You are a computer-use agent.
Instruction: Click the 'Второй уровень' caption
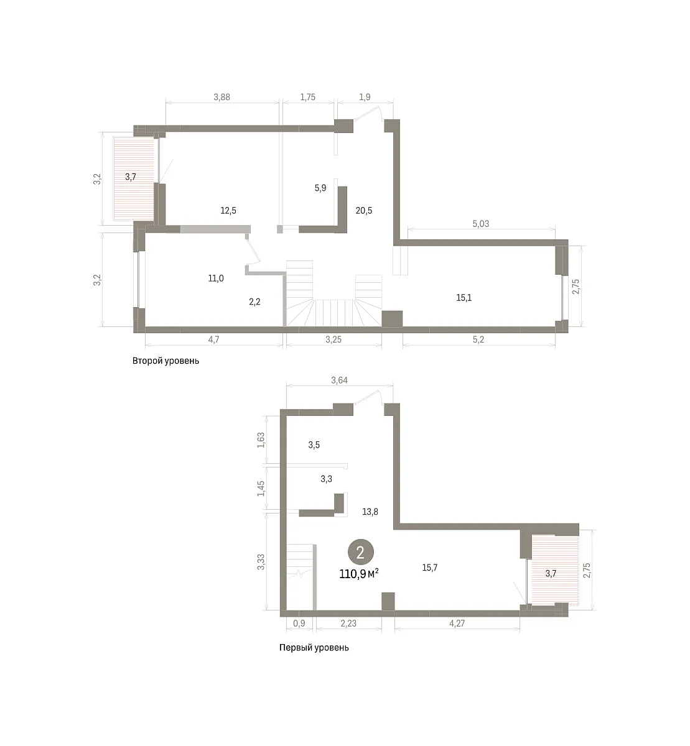[166, 361]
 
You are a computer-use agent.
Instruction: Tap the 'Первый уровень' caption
[314, 648]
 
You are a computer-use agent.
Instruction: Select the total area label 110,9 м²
[359, 574]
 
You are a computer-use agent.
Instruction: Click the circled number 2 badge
[361, 553]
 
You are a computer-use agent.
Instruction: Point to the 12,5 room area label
[228, 211]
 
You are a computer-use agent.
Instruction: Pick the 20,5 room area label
[364, 211]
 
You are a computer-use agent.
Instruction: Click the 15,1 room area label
[464, 298]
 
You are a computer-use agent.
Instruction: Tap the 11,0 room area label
[216, 279]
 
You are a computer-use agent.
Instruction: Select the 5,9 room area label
[320, 188]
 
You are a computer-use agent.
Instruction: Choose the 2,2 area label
[254, 302]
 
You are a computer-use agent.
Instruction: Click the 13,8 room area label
[370, 512]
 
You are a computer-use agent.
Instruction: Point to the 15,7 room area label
[430, 568]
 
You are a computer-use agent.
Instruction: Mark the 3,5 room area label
[314, 445]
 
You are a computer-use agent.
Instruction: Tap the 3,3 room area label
[327, 479]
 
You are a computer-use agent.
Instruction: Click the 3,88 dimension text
[222, 97]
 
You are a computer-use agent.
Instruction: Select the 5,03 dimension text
[481, 224]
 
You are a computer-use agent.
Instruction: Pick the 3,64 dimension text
[339, 380]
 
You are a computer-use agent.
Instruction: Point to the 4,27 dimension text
[457, 624]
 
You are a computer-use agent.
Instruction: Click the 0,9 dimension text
[299, 624]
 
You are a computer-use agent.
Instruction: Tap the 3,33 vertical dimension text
[261, 563]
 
